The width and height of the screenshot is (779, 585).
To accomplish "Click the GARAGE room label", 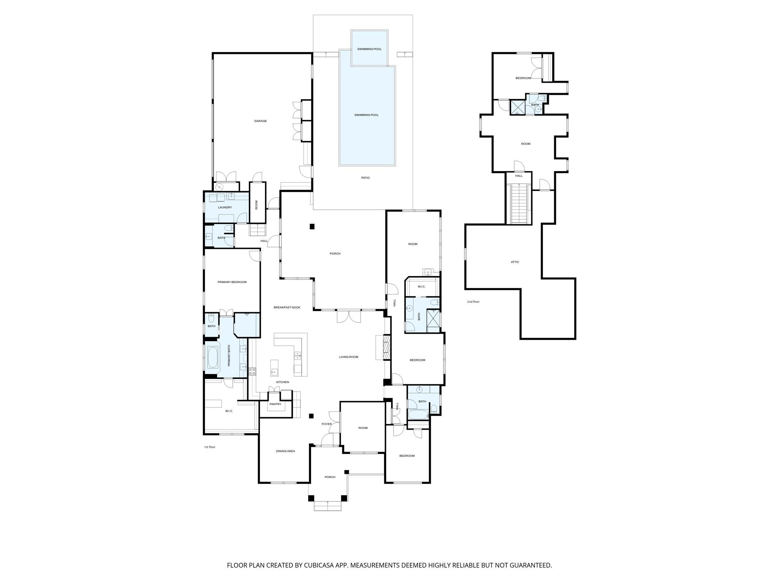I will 261,121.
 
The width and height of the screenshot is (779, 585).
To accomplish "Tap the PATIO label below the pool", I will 365,178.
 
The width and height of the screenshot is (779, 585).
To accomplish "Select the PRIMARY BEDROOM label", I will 232,282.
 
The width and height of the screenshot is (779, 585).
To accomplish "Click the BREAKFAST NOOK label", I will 287,307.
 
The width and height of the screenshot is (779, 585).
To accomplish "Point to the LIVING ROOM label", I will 348,357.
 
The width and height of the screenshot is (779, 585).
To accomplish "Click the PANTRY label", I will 275,404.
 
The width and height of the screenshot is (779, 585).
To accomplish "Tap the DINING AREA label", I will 285,451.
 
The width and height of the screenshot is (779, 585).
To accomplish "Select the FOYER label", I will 326,424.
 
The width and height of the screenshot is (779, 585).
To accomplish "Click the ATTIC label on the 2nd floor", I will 515,262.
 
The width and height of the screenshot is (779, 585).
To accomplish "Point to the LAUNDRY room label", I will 225,208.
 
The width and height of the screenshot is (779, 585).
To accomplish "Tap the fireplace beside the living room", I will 386,347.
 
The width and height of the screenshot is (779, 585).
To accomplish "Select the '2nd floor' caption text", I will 473,302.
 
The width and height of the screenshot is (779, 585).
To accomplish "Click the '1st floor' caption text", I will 210,447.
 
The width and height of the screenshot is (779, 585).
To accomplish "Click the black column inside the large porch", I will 312,227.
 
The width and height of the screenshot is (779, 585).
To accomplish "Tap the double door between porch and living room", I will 348,316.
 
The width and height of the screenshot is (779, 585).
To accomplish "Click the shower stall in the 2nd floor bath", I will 517,107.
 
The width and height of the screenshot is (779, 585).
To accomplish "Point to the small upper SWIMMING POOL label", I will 369,49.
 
